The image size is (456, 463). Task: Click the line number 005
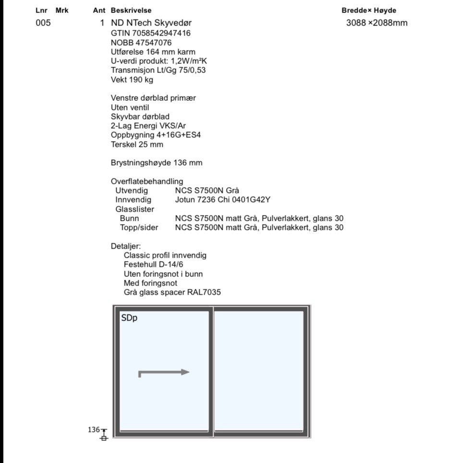(43, 23)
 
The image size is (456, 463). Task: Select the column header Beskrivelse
(131, 10)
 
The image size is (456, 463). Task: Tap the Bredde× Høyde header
(369, 10)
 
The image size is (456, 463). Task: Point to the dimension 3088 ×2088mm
(377, 23)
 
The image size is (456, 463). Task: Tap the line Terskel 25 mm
(137, 144)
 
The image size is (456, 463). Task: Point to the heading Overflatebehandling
(147, 181)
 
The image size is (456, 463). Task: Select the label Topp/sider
(139, 227)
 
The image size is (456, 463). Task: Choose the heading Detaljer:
(126, 246)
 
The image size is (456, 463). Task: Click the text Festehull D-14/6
(154, 264)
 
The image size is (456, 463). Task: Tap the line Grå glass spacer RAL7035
(172, 292)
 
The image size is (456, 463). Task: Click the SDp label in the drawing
(129, 318)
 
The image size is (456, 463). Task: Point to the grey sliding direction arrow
(164, 372)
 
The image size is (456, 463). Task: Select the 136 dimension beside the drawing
(93, 429)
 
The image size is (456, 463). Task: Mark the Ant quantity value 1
(102, 23)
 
